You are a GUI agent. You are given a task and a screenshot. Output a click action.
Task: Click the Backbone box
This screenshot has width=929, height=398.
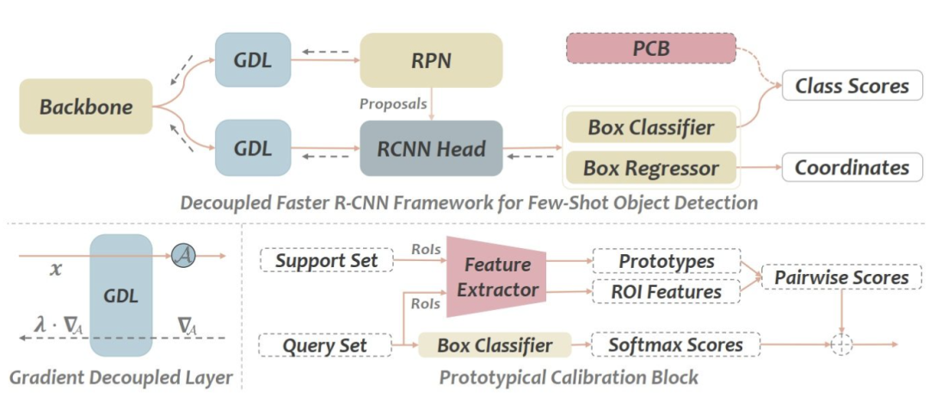click(86, 107)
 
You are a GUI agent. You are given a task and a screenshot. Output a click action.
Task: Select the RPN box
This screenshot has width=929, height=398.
click(431, 60)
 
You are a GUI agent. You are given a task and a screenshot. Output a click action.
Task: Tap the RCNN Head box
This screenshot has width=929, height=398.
click(431, 148)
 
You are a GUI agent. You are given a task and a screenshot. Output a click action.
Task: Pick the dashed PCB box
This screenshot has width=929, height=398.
click(651, 48)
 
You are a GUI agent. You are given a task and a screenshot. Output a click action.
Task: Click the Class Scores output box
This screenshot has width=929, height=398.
click(852, 86)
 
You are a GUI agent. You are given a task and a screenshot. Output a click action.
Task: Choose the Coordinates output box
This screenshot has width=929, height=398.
click(852, 167)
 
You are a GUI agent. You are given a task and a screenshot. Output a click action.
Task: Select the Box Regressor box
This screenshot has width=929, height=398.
click(651, 167)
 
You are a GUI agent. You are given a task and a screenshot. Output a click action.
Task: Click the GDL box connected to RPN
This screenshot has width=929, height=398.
click(253, 60)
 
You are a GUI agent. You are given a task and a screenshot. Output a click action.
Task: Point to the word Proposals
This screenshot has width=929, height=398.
click(393, 103)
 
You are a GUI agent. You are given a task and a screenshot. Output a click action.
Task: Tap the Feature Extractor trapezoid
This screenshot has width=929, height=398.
click(495, 277)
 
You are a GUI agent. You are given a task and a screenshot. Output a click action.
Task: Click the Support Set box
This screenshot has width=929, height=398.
click(327, 260)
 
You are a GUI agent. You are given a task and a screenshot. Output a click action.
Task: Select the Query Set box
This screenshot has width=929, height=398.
click(327, 345)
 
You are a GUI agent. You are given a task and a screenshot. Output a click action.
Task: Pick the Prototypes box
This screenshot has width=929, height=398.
click(667, 261)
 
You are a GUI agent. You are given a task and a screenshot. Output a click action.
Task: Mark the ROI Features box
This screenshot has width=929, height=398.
click(667, 290)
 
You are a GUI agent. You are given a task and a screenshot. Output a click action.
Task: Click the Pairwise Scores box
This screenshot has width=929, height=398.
click(841, 277)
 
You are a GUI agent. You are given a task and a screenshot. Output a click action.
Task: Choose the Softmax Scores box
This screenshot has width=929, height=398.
click(675, 345)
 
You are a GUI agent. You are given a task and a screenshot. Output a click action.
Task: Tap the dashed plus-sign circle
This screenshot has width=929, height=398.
click(840, 345)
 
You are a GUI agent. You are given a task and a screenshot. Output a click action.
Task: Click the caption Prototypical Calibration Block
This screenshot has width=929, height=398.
click(569, 376)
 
